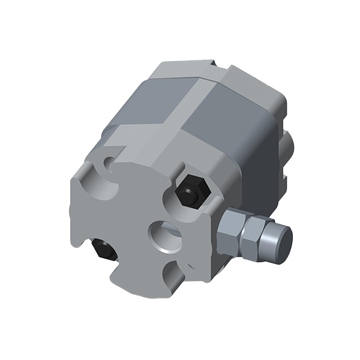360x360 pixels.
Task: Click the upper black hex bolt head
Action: pyautogui.click(x=191, y=191)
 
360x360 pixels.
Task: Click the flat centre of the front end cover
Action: pyautogui.click(x=135, y=216)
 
